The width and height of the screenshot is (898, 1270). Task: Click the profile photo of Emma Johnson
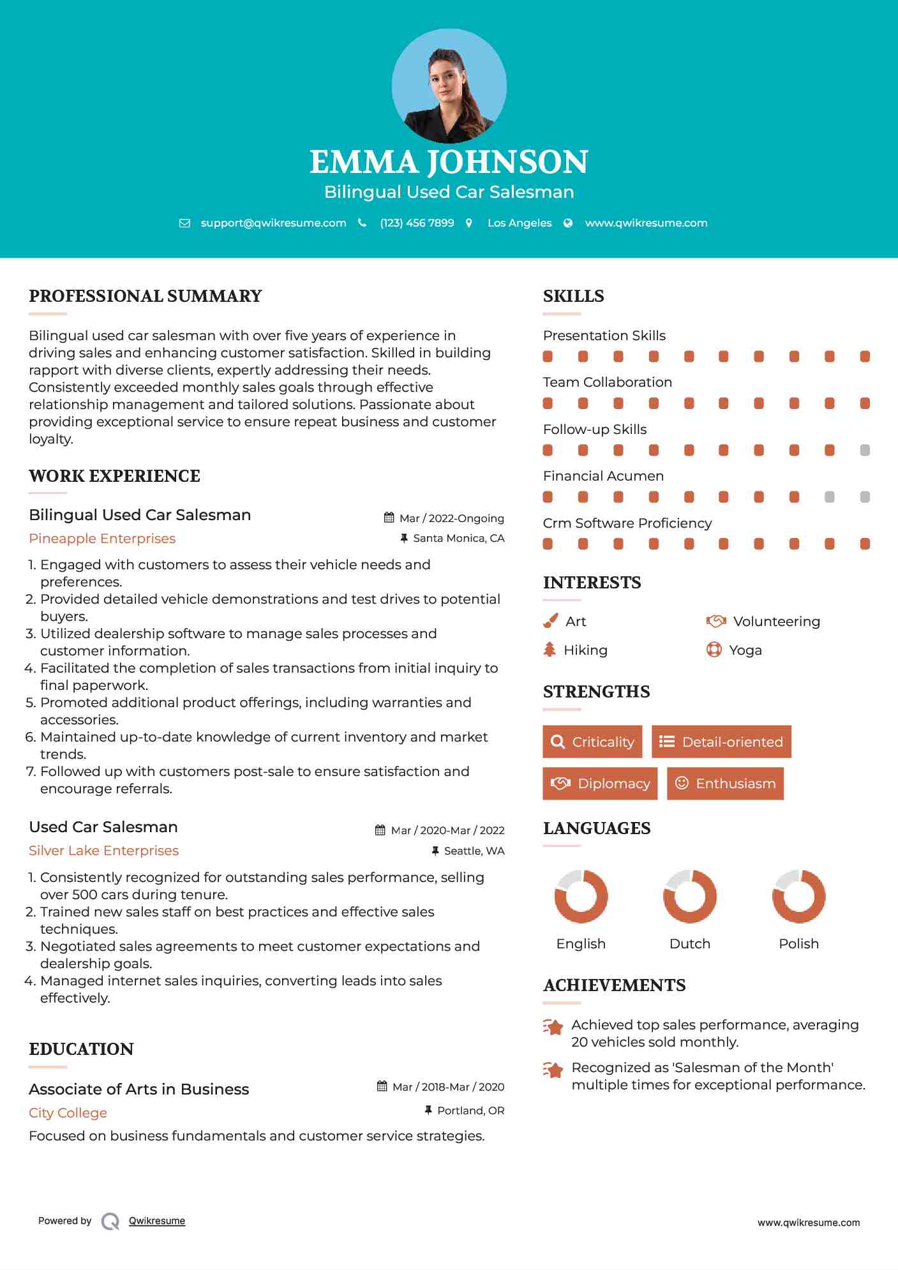449,86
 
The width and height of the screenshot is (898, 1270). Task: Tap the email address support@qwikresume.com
273,223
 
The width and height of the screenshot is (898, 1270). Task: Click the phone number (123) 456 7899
417,223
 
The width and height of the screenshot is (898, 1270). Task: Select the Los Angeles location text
520,223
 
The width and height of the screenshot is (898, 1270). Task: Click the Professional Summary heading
146,296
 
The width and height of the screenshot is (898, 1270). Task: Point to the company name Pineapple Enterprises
102,539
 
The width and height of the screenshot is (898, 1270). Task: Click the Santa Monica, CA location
458,539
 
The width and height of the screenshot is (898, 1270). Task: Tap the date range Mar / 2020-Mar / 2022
447,830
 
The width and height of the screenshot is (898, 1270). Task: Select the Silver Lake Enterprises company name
103,851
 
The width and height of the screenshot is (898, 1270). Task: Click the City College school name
68,1113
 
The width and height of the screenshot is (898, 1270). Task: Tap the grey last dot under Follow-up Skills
865,450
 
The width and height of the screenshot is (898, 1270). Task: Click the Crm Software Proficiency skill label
627,523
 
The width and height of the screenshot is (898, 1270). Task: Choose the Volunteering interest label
776,622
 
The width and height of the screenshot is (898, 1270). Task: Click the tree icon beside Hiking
550,650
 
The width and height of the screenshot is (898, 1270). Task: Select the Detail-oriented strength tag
721,742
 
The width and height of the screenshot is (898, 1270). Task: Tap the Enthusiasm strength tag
725,784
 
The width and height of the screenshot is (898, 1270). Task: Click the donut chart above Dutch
689,896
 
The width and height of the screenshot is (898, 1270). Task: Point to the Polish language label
798,944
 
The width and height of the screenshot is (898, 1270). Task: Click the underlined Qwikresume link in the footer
157,1221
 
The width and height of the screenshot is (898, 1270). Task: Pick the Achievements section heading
614,985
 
